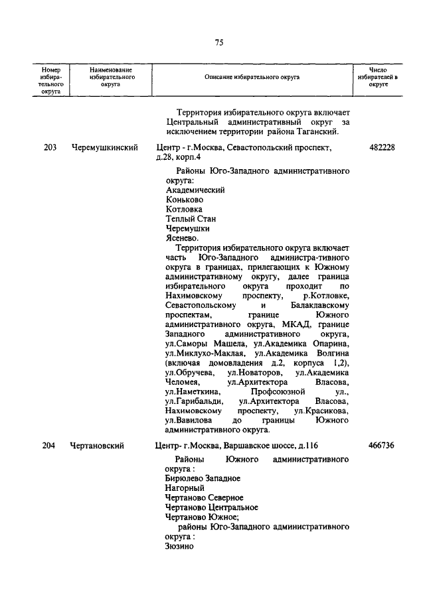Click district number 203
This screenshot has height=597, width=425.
point(50,147)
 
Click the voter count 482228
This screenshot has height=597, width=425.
point(381,147)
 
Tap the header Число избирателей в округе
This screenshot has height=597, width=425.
point(378,78)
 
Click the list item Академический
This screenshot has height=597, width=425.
point(195,190)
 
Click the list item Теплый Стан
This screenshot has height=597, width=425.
point(191,218)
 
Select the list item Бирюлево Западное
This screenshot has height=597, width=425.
point(203,478)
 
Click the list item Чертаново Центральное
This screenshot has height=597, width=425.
point(211,507)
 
